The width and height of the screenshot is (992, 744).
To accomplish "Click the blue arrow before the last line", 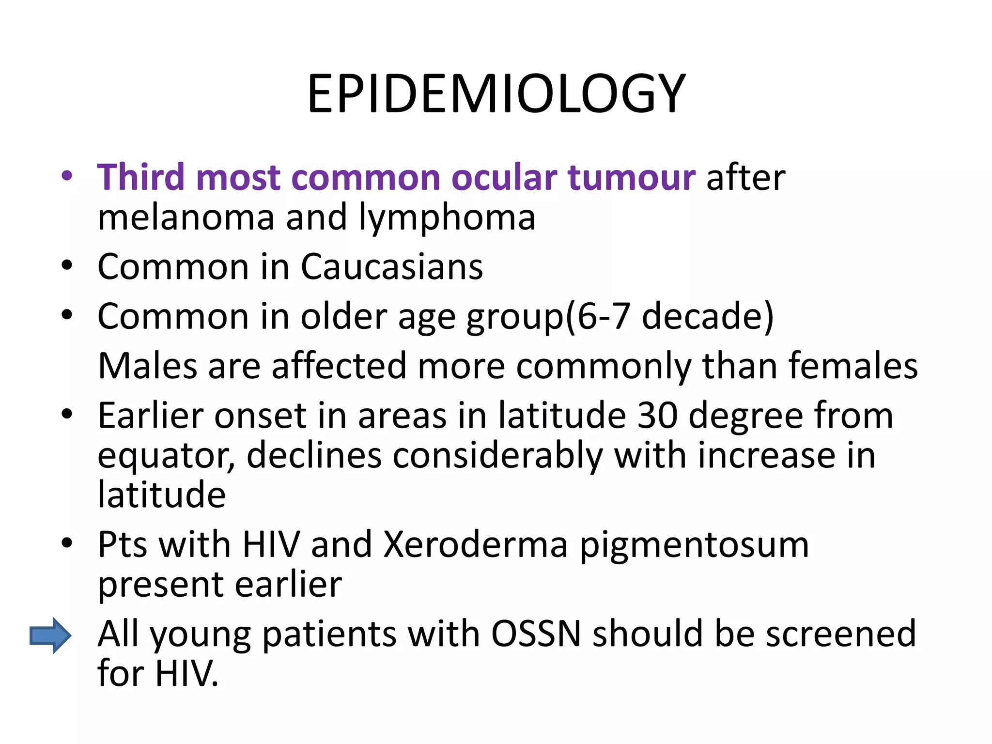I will click(x=50, y=635).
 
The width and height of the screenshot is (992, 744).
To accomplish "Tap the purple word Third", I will click(x=141, y=177).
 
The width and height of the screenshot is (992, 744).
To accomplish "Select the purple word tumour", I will click(x=632, y=177).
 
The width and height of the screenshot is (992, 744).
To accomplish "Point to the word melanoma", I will click(x=186, y=217).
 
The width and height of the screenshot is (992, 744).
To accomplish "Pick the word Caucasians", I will click(x=392, y=267).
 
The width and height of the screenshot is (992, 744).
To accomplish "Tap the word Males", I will click(x=148, y=366).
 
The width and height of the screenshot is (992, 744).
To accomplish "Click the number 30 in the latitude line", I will click(x=657, y=416).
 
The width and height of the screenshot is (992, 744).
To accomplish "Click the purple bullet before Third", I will click(x=67, y=175).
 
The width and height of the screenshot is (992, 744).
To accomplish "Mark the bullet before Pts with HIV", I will click(x=67, y=543).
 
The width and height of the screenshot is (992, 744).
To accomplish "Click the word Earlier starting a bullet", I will click(x=150, y=416).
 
